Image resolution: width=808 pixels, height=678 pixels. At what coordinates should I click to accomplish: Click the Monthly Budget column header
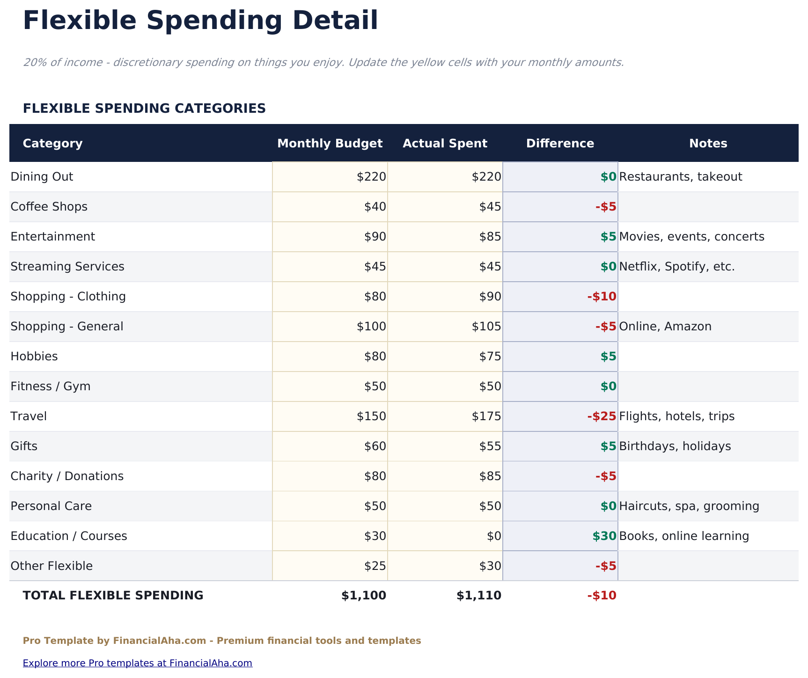330,143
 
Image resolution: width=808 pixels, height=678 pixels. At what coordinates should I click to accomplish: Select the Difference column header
560,143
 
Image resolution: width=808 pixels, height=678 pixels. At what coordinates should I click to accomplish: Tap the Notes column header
708,143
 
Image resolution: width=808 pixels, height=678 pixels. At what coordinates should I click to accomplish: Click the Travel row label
29,416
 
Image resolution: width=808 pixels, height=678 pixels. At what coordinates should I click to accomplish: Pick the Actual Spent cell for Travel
486,416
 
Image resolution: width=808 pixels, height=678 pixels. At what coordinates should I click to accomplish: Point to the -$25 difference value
602,416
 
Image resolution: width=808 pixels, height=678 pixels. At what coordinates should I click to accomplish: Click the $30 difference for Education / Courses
604,536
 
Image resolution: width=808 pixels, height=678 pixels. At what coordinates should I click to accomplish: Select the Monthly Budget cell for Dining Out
371,177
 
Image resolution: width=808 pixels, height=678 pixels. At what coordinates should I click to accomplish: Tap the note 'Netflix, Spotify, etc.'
676,267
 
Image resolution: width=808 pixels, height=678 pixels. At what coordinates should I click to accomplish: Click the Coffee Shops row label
49,207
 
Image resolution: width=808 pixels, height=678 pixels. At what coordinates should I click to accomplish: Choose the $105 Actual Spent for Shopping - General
486,326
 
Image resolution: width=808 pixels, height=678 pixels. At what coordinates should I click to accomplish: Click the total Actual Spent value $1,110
479,595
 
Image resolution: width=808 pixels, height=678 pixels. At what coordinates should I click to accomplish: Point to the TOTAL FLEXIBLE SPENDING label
113,595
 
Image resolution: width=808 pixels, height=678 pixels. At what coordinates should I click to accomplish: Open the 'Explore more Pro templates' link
137,663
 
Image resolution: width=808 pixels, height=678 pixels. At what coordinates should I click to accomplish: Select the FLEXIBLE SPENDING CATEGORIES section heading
144,109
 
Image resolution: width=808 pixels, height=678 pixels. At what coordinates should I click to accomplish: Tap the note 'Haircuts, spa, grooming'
689,506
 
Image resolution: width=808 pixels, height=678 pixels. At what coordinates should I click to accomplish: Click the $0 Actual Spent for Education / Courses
494,536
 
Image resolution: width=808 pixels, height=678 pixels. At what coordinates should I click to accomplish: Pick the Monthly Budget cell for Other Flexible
375,566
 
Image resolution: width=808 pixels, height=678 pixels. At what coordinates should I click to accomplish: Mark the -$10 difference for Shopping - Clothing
602,296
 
